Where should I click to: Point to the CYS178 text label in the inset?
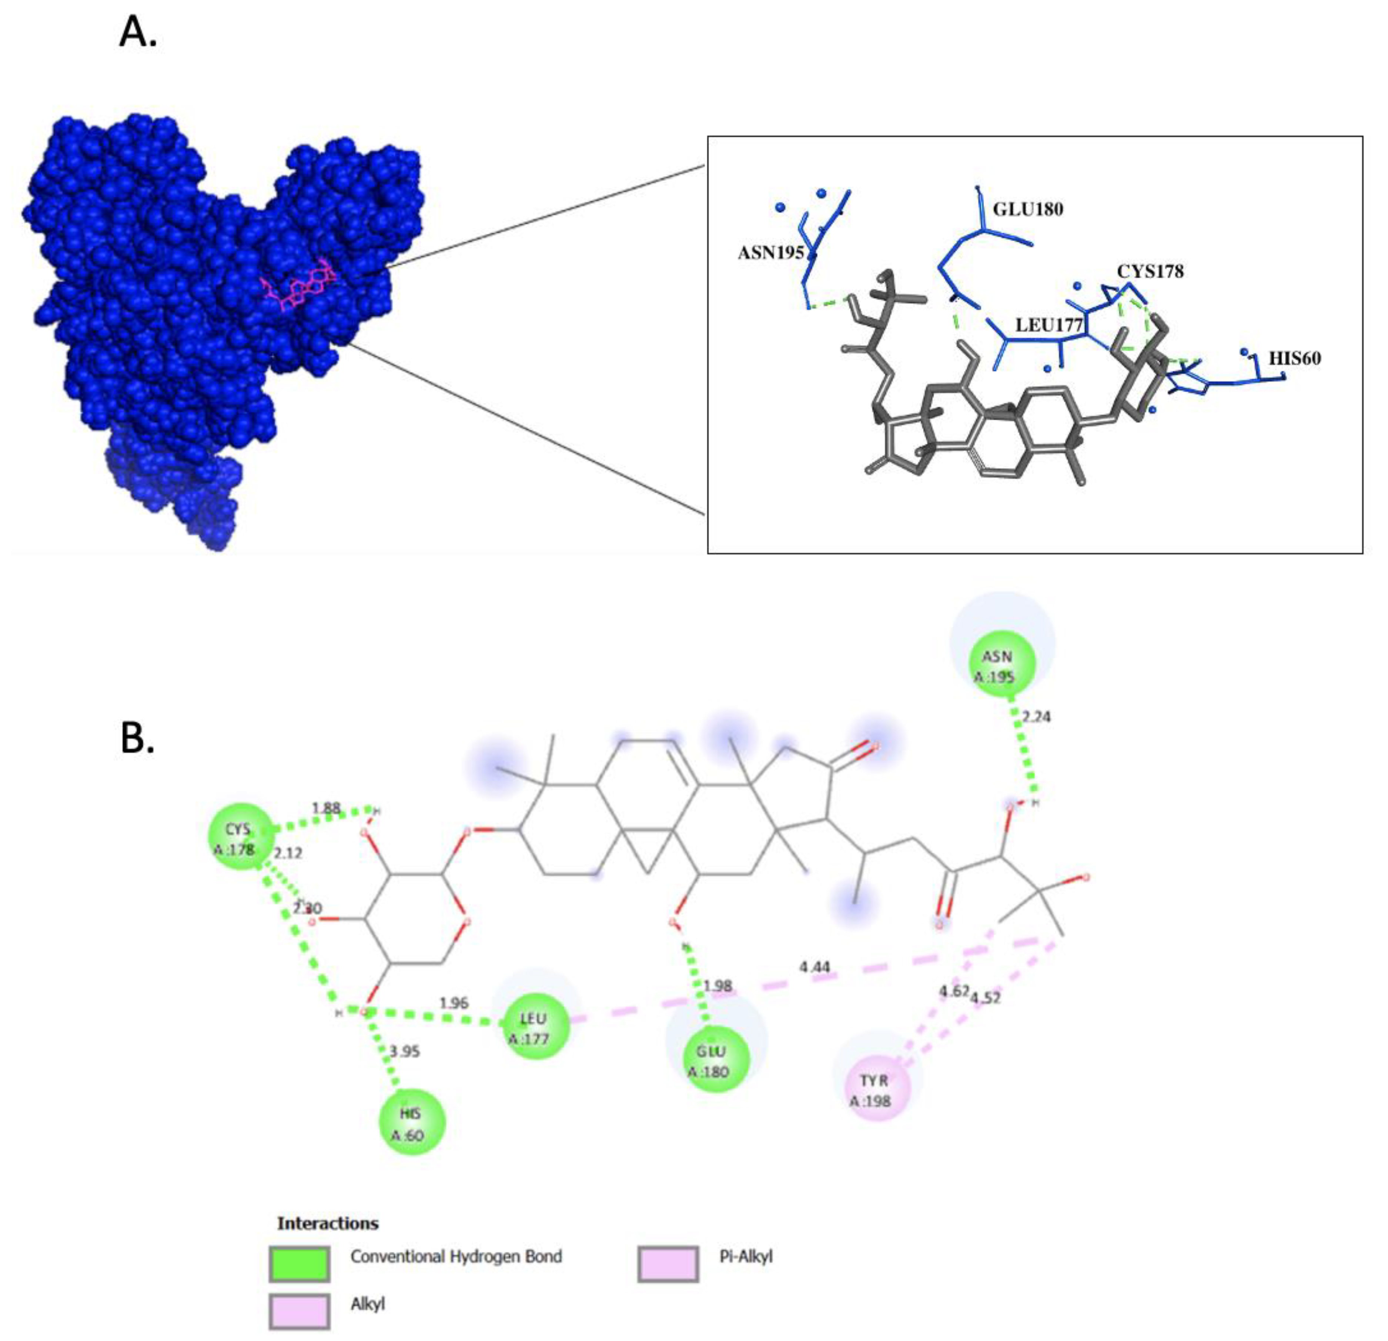pos(1150,271)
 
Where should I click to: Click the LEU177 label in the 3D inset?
pos(1049,325)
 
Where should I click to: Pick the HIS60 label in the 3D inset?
pos(1295,358)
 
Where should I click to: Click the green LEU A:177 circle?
pos(533,1027)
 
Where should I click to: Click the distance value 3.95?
pos(405,1052)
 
